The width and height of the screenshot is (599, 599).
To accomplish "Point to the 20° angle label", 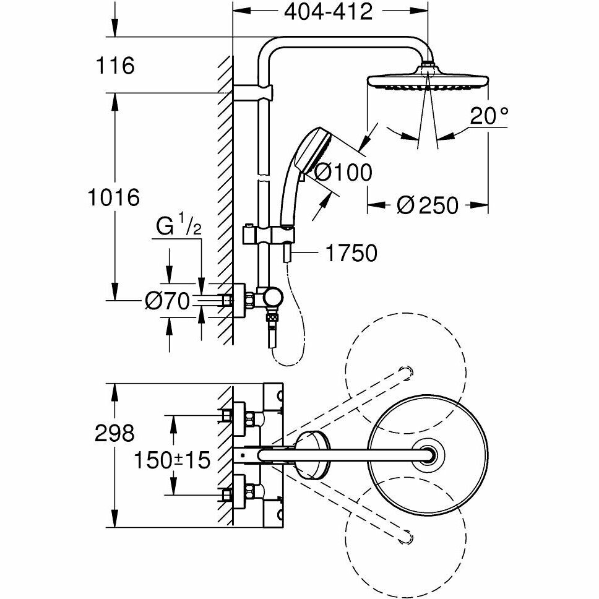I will coord(489,115).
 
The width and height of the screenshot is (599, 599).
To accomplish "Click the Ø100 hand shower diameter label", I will coord(343,172).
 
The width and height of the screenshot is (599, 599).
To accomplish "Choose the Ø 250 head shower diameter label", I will coord(427,205).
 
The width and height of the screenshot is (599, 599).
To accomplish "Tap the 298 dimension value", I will coord(114,433).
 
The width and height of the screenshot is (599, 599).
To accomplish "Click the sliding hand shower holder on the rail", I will coord(268,235).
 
